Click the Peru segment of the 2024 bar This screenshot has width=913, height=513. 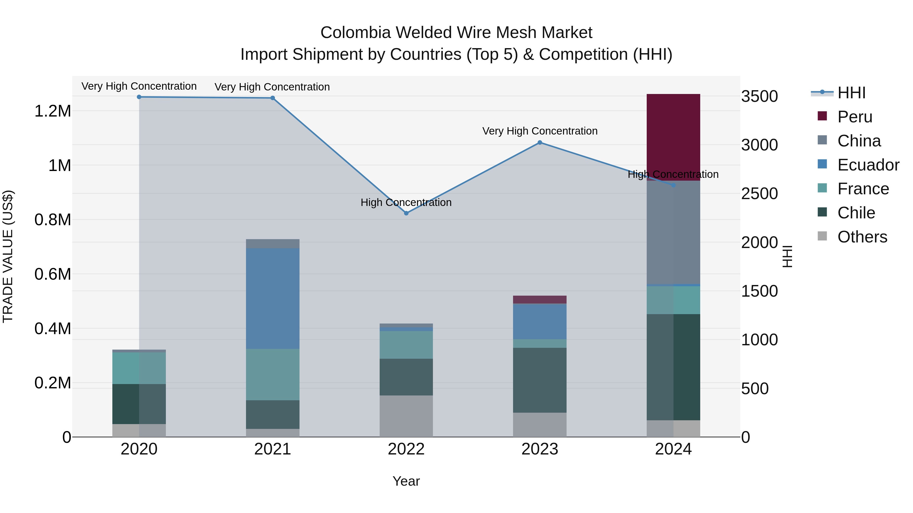(673, 137)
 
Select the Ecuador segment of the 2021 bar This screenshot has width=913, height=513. (273, 298)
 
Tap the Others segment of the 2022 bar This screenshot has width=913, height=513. (406, 416)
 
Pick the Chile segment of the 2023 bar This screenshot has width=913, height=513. (539, 380)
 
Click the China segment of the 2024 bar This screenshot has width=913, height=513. (673, 232)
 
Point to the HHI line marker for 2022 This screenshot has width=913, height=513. (406, 213)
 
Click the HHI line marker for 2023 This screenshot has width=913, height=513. (540, 143)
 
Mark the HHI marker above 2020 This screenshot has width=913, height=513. (139, 97)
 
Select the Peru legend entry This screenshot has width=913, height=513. (854, 117)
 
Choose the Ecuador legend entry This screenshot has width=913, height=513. (868, 165)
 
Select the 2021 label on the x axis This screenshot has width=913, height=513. (273, 449)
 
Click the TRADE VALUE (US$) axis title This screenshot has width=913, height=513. (8, 256)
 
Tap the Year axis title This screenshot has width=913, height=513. (406, 481)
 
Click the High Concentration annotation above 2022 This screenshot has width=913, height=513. (406, 202)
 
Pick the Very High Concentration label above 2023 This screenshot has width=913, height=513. (540, 131)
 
